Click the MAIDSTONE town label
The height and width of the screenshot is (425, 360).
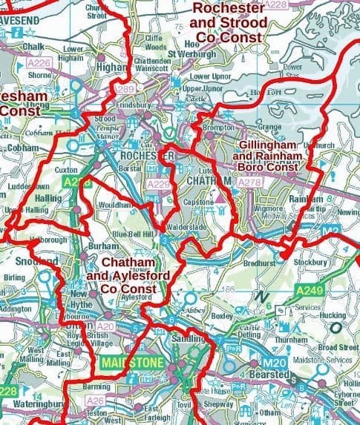point(123,363)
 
